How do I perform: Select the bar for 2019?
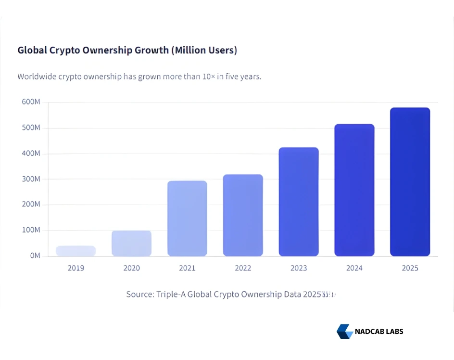pyautogui.click(x=76, y=251)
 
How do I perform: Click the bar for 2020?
pyautogui.click(x=131, y=243)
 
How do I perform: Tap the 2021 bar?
pyautogui.click(x=187, y=218)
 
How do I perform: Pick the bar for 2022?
pyautogui.click(x=243, y=215)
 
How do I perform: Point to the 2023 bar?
pyautogui.click(x=299, y=202)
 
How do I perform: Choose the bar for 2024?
pyautogui.click(x=354, y=190)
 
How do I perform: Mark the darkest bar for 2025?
pyautogui.click(x=410, y=182)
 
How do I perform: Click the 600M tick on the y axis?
pyautogui.click(x=31, y=103)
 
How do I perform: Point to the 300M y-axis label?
pyautogui.click(x=31, y=179)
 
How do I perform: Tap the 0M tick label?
pyautogui.click(x=35, y=256)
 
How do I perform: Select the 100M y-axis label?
pyautogui.click(x=31, y=230)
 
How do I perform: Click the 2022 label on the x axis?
pyautogui.click(x=243, y=268)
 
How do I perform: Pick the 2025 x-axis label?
pyautogui.click(x=410, y=268)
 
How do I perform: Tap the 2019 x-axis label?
pyautogui.click(x=76, y=268)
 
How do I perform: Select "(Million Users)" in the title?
pyautogui.click(x=204, y=50)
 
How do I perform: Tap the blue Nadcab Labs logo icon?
pyautogui.click(x=344, y=331)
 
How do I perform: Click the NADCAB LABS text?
pyautogui.click(x=379, y=332)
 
